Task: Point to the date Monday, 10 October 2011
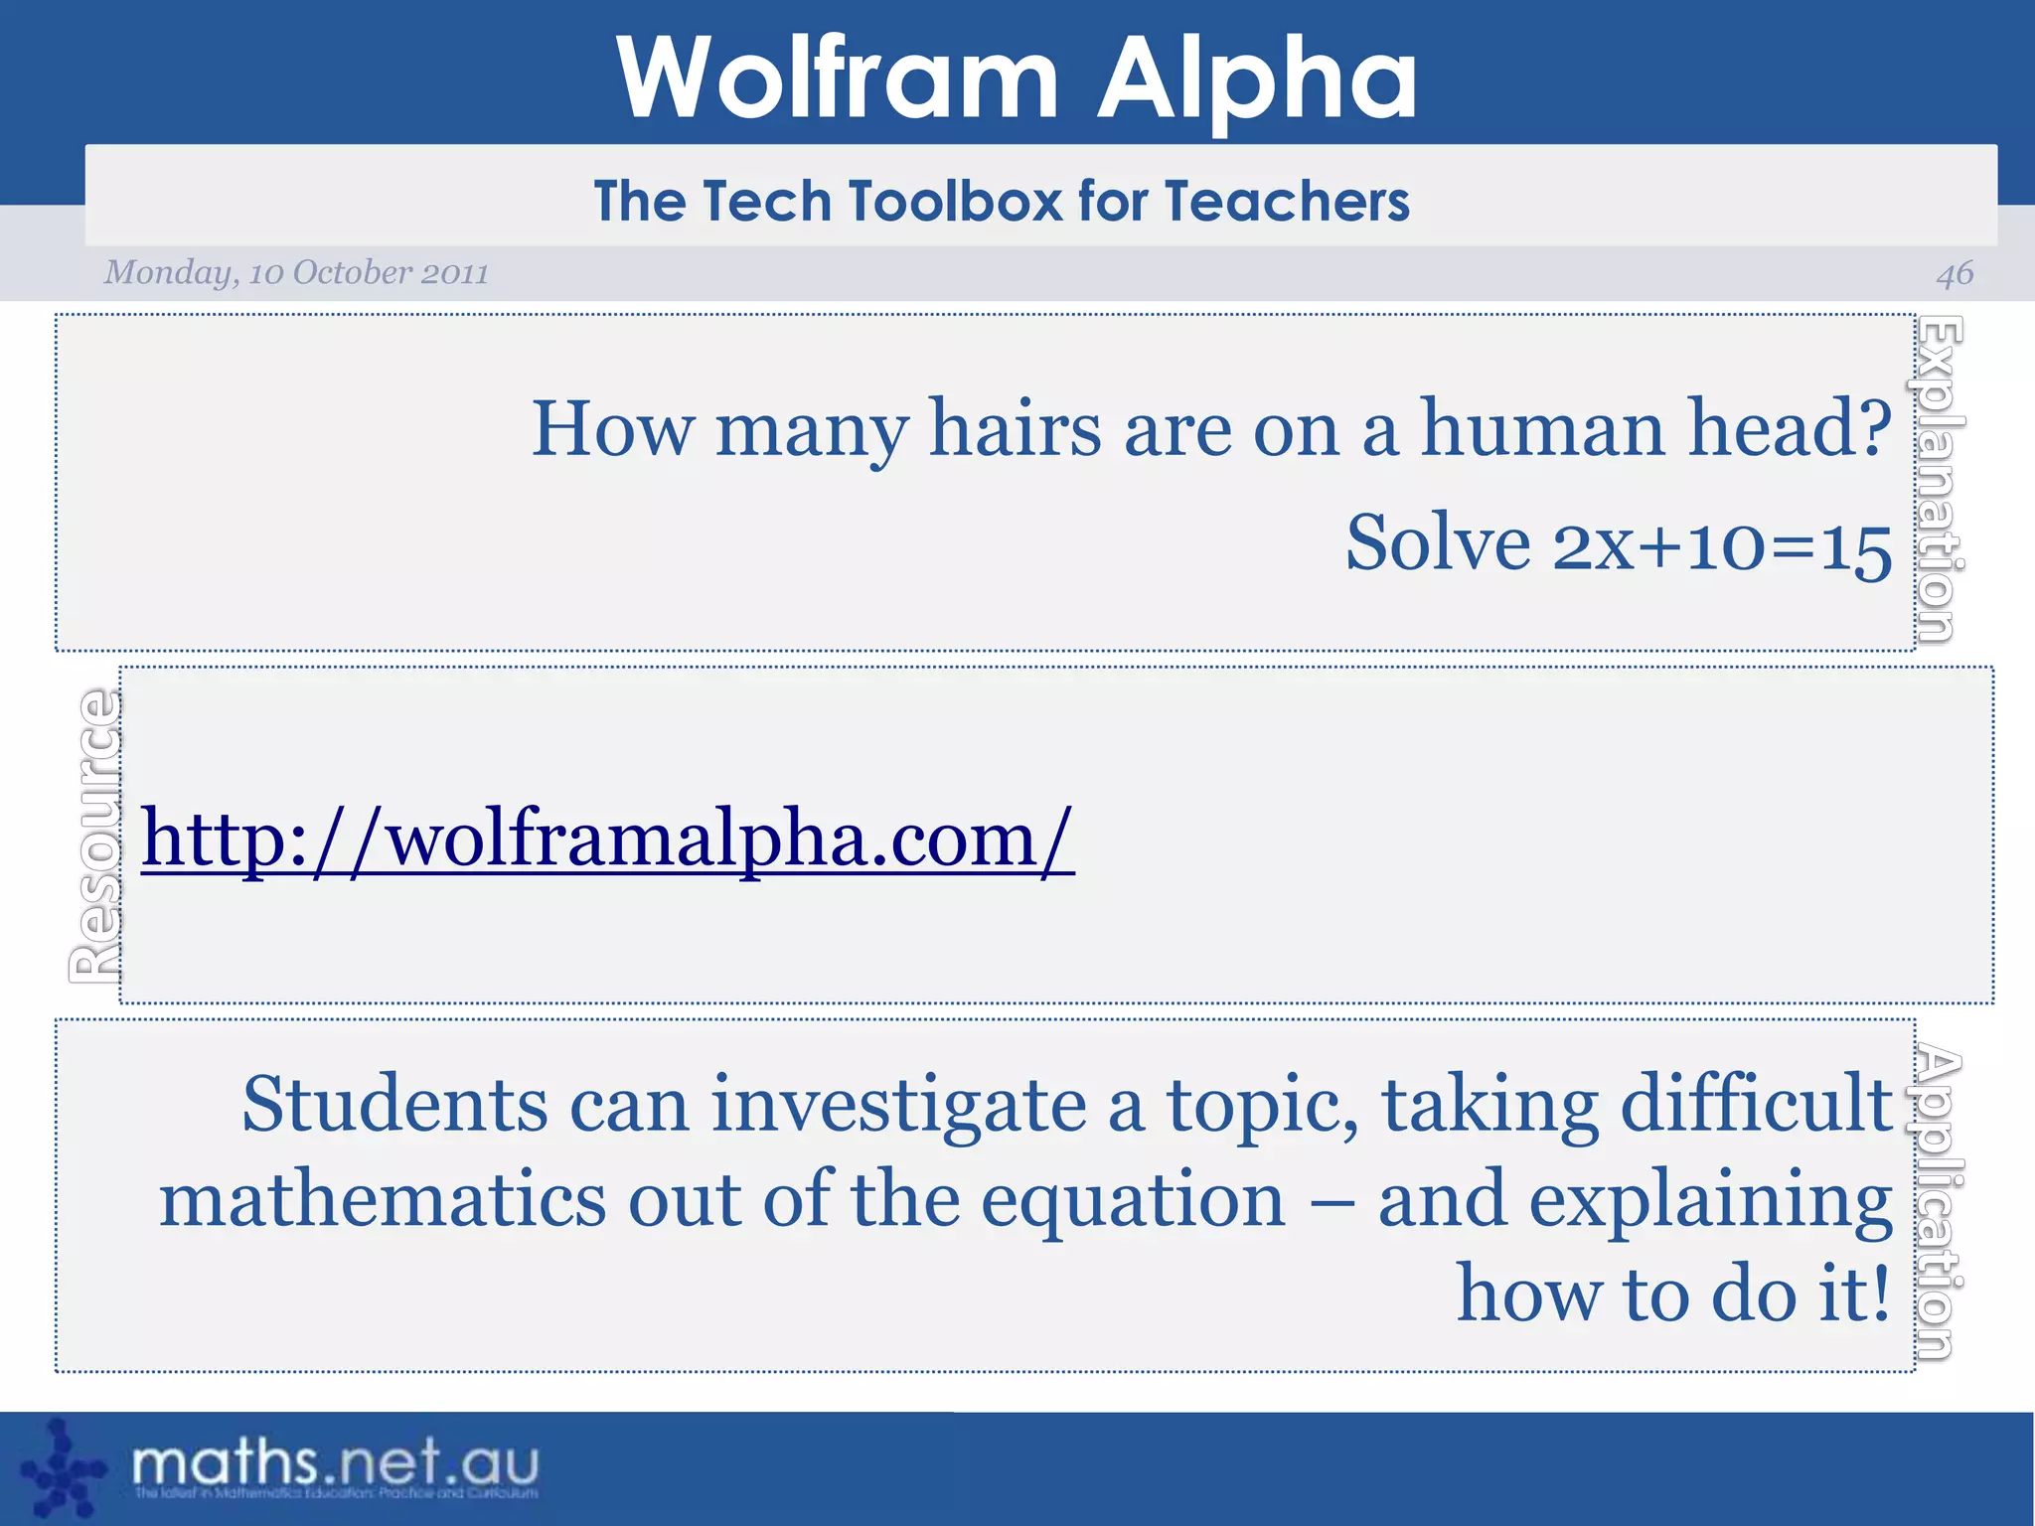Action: pos(296,272)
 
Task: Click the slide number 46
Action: pos(1955,273)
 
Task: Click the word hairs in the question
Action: pos(1015,429)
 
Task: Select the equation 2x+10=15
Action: pos(1722,545)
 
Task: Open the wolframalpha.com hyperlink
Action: pos(607,839)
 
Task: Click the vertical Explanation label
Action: pos(1939,480)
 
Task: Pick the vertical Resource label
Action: pos(96,836)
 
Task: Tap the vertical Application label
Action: pos(1939,1202)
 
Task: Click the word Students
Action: pos(394,1104)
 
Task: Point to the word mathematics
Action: pos(383,1199)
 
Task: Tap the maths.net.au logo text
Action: pos(336,1463)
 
